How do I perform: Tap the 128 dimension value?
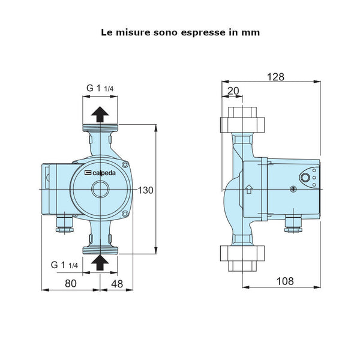coord(277,76)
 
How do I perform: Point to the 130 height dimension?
coord(146,190)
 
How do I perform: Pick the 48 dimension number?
coord(116,283)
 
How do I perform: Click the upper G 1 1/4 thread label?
coord(100,88)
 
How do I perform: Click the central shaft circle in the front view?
coord(100,190)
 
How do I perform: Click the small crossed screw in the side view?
coord(293,190)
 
